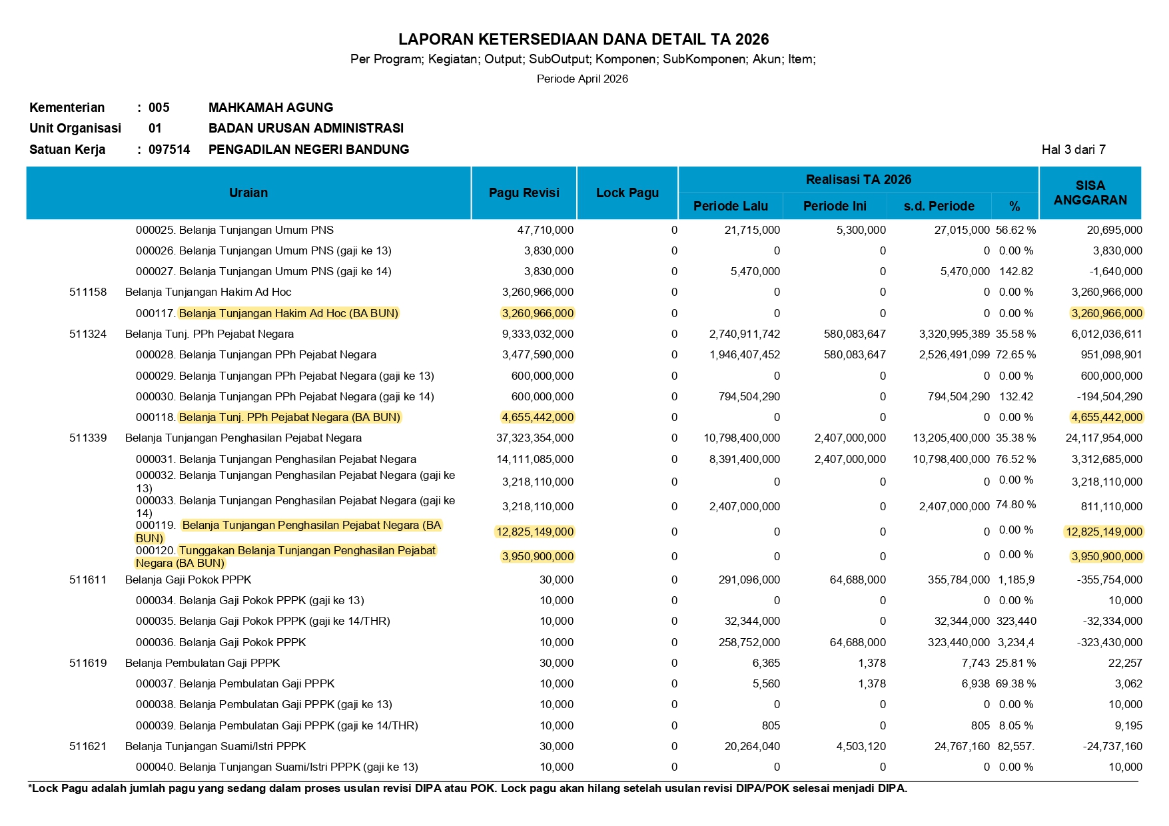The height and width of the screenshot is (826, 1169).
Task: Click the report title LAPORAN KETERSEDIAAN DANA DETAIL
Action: tap(584, 39)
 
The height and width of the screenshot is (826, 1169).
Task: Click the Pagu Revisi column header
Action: tap(524, 193)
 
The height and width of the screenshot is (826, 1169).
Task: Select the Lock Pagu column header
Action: tap(627, 193)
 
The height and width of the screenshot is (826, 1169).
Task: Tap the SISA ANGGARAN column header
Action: tap(1090, 193)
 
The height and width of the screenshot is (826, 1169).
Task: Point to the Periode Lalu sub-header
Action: tap(730, 206)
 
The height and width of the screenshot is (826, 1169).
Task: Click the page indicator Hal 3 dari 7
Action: tap(1073, 150)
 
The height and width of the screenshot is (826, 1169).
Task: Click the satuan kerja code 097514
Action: tap(169, 150)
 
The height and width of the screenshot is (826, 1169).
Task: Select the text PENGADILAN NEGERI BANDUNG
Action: tap(308, 150)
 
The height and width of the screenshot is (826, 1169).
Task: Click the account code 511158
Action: tap(88, 292)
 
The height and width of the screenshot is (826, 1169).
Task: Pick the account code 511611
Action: tap(88, 580)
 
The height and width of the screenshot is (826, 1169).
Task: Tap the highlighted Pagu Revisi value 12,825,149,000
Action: tap(535, 532)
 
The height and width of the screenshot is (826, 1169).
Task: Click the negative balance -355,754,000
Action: tap(1109, 580)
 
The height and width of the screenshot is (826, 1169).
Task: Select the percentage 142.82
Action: tap(1016, 272)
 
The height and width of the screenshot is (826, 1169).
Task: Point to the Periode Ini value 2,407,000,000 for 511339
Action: tap(850, 438)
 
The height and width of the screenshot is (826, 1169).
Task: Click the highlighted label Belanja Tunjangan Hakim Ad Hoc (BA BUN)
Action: tap(288, 314)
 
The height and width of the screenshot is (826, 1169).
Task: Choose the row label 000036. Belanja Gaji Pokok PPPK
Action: tap(220, 643)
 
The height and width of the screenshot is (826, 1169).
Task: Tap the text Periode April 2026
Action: tap(582, 79)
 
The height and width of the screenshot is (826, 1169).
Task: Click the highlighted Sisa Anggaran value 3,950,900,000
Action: tap(1106, 557)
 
